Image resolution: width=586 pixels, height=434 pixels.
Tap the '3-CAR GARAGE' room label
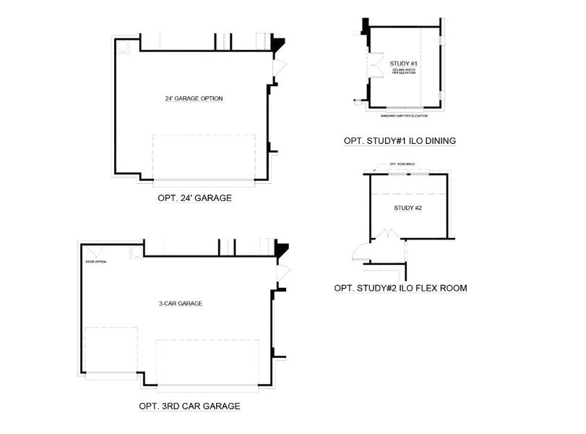point(180,304)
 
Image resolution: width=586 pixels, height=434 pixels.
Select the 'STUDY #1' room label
point(404,64)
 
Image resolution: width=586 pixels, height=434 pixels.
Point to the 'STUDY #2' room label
point(408,208)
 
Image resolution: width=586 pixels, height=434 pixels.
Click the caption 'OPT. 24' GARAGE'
point(194,197)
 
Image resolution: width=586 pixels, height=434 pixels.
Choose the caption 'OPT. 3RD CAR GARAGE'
point(189,407)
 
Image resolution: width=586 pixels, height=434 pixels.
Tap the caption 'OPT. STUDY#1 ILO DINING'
point(400,141)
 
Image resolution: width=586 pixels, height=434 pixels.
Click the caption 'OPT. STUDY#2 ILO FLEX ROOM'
point(400,288)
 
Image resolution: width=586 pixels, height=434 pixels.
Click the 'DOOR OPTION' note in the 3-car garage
point(95,261)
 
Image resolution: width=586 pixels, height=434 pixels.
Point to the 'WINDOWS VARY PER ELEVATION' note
point(405,115)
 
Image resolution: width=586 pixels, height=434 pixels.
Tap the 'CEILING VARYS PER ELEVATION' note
point(404,72)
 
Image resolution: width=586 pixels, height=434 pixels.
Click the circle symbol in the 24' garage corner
point(124,46)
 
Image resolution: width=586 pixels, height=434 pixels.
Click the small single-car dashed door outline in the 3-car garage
point(111,351)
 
